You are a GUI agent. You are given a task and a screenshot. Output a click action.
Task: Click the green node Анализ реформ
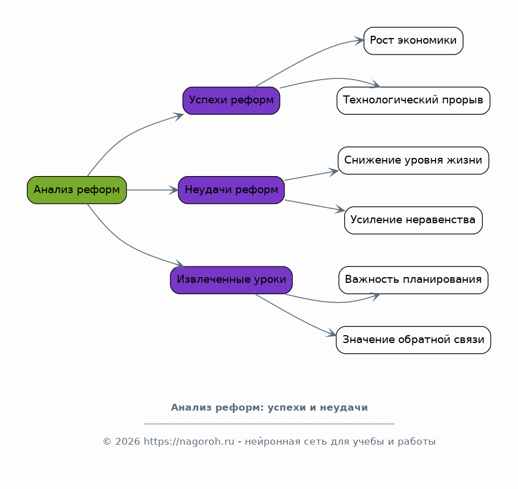[x=77, y=190]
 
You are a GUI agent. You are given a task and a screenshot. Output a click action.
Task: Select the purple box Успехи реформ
[x=231, y=101]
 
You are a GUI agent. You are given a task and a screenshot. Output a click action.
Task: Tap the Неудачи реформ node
[x=231, y=190]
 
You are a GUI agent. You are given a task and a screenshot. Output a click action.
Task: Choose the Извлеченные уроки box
[x=231, y=280]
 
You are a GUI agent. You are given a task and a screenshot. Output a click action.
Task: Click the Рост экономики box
[x=413, y=41]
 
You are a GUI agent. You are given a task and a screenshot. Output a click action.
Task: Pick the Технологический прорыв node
[x=413, y=101]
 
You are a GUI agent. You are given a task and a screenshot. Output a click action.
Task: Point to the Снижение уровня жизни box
[x=413, y=161]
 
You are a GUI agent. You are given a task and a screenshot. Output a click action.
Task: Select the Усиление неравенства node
[x=413, y=220]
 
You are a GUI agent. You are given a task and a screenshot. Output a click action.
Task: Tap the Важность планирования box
[x=413, y=280]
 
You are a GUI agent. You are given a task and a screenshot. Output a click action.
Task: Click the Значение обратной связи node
[x=413, y=340]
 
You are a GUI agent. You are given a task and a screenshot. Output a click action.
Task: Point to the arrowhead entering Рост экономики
[x=360, y=41]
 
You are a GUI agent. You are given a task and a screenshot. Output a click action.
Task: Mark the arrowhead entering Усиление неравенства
[x=340, y=210]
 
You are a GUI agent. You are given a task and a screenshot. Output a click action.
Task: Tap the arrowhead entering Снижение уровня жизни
[x=333, y=172]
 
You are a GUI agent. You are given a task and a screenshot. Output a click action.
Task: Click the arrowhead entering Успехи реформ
[x=179, y=116]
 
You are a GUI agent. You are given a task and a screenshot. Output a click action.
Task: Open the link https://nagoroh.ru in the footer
[x=189, y=442]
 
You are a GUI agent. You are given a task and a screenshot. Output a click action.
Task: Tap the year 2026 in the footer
[x=128, y=442]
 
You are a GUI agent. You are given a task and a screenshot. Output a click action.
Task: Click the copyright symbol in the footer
[x=107, y=442]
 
